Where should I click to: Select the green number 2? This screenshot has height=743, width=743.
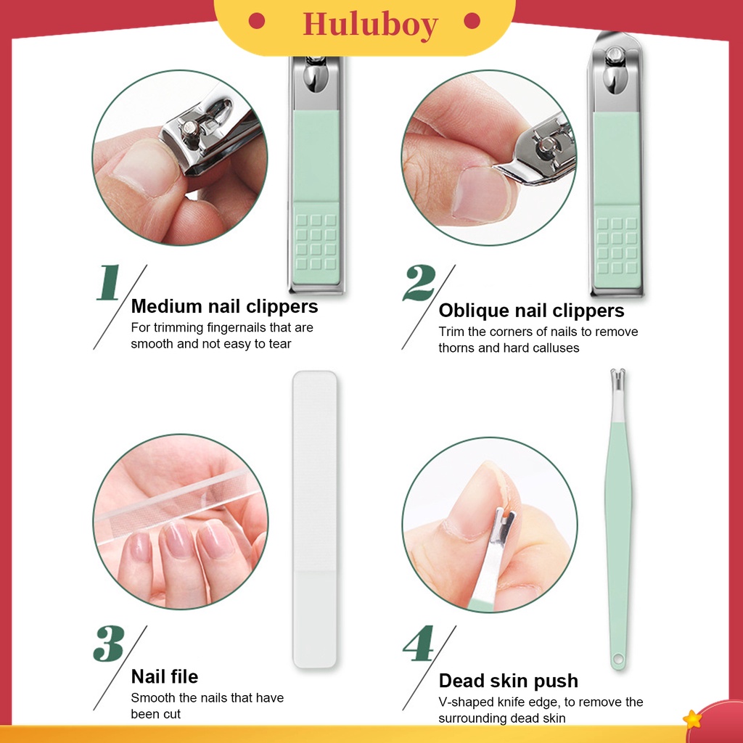419,284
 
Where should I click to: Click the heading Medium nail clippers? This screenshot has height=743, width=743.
224,306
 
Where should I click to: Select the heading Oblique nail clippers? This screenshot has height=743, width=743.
531,311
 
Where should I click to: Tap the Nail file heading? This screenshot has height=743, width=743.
164,677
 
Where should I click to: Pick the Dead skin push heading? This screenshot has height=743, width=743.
508,681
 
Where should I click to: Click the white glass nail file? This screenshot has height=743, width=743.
315,519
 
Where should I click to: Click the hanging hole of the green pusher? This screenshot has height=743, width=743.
617,661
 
